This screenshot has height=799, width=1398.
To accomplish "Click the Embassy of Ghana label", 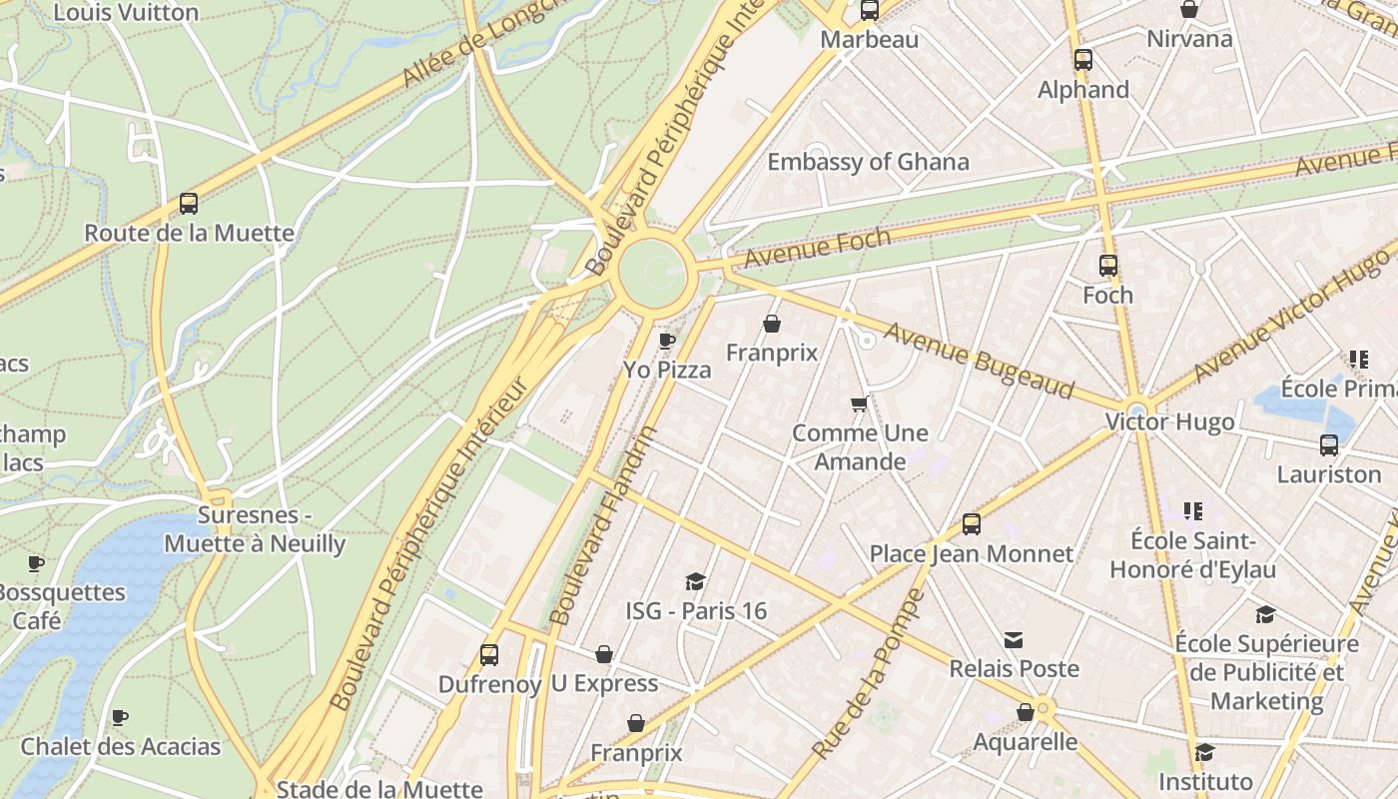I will (x=868, y=162).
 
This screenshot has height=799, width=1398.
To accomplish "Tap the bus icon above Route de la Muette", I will (x=189, y=204).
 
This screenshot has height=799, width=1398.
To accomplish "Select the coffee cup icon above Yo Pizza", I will (x=667, y=341).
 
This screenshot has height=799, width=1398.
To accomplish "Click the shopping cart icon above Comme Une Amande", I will (x=859, y=404).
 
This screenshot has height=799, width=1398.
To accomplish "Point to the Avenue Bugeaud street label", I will (x=978, y=361).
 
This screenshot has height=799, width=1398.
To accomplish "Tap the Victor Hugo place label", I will (x=1169, y=422).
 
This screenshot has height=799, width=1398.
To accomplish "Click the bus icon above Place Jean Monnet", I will (x=971, y=524).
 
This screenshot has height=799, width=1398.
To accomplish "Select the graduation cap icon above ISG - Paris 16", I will (x=695, y=581).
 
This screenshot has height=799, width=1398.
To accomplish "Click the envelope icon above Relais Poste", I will (x=1014, y=639).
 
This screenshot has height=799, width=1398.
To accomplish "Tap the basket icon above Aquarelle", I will (x=1025, y=712).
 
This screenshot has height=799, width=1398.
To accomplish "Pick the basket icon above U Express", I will (x=603, y=654).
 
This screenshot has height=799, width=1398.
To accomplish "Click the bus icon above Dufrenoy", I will (x=488, y=655).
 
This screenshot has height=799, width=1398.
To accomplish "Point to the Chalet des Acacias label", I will (x=120, y=746).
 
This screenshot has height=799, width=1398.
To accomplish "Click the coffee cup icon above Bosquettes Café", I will (x=36, y=563).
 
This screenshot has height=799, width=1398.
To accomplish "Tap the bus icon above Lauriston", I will (x=1328, y=445).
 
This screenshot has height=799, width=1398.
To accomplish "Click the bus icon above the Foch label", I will (x=1108, y=266).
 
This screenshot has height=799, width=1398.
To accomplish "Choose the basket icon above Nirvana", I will (x=1189, y=10).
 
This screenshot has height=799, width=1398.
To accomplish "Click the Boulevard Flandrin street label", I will (x=603, y=525).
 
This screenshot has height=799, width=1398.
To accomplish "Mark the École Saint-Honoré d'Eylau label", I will (x=1192, y=555).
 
